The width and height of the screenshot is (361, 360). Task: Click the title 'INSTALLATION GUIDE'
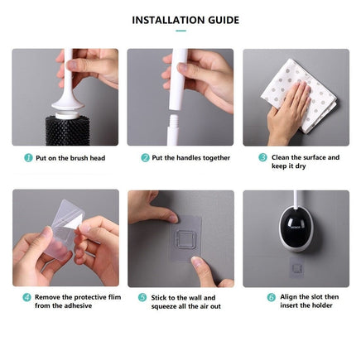pyautogui.click(x=180, y=20)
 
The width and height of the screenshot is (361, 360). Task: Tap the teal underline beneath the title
pyautogui.click(x=180, y=31)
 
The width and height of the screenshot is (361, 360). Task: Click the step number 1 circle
pyautogui.click(x=28, y=157)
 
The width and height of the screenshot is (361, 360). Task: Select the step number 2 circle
pyautogui.click(x=145, y=157)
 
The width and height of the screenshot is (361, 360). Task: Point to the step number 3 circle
pyautogui.click(x=262, y=156)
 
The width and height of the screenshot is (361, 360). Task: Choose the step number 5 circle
pyautogui.click(x=142, y=297)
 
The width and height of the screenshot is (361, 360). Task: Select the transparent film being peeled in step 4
pyautogui.click(x=58, y=228)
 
